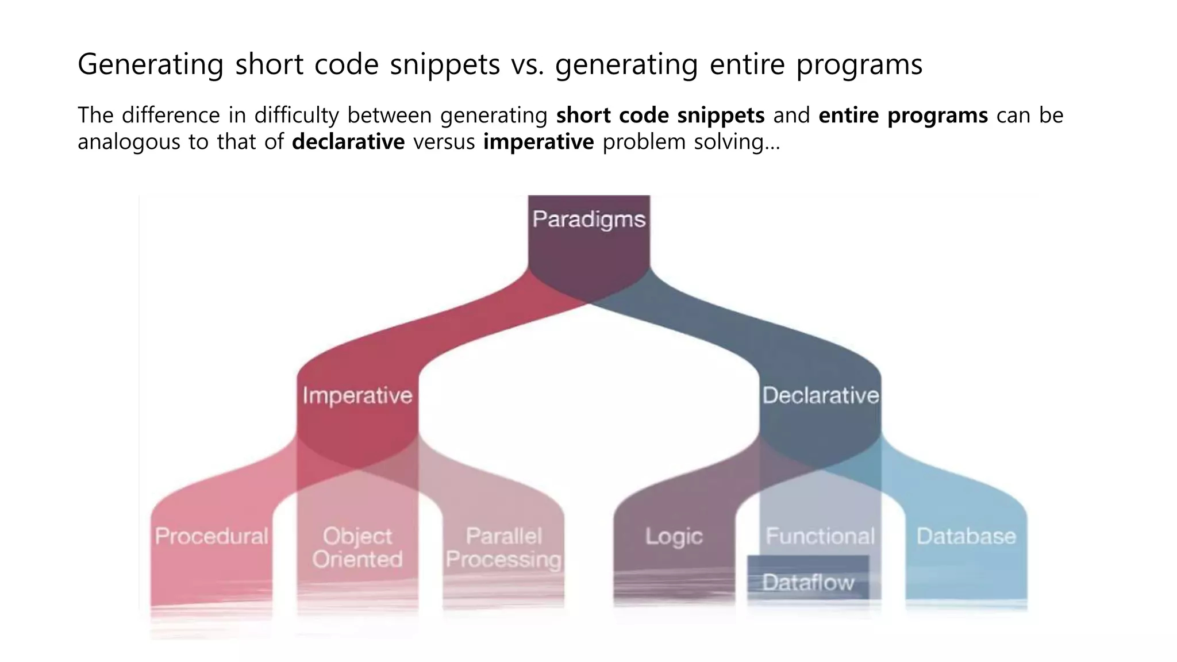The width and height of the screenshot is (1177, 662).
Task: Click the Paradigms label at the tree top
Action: [x=589, y=220]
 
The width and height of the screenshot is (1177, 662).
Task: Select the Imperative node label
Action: [x=357, y=395]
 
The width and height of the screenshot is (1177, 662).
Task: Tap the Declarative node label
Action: [x=821, y=395]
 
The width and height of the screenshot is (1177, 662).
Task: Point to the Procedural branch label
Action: [x=211, y=536]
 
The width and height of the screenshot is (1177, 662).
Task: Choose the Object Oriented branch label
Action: [x=357, y=548]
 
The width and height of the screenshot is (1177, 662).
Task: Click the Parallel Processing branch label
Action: [x=503, y=548]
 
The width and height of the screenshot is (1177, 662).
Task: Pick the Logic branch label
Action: [x=674, y=536]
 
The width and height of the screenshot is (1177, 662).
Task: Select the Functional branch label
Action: [x=820, y=536]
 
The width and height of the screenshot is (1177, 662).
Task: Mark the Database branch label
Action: [x=966, y=536]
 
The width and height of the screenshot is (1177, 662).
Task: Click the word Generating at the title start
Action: [x=151, y=64]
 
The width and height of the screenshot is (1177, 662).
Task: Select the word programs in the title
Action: [x=859, y=64]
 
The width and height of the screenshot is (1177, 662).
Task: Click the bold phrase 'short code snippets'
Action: [x=660, y=116]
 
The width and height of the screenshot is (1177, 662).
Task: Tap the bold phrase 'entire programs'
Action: [x=903, y=116]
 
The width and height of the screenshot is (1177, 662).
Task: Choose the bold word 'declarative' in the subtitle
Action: [x=348, y=142]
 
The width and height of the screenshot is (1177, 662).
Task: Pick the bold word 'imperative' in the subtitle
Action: [x=539, y=142]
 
